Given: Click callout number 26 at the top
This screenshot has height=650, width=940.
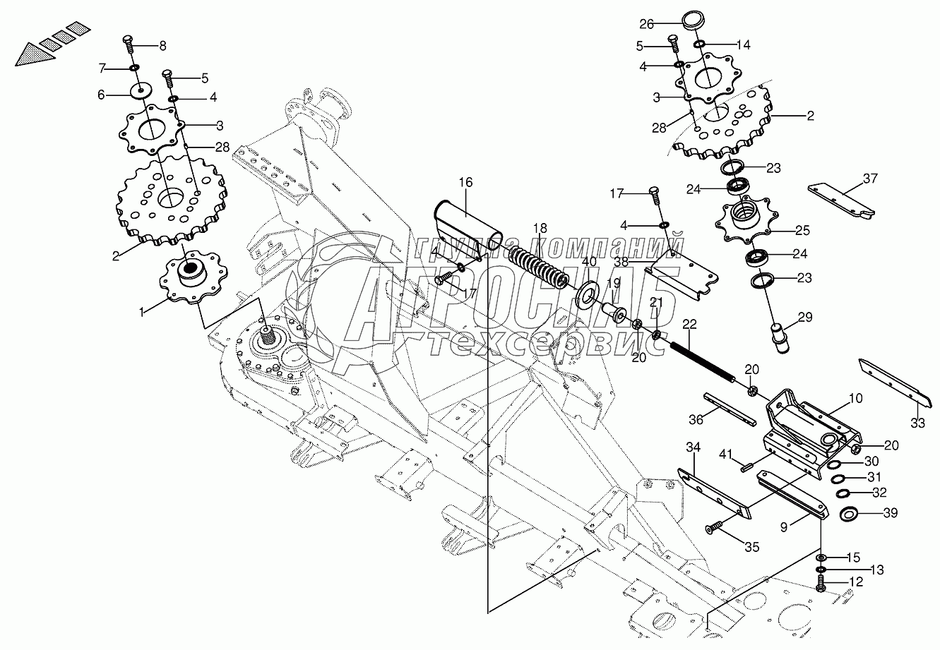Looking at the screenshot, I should [x=647, y=24].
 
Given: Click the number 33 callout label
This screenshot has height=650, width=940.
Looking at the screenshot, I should [x=917, y=423].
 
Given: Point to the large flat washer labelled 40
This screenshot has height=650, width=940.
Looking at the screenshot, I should [x=587, y=294].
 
